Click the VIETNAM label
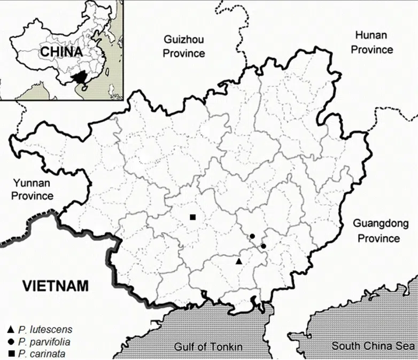[55, 285]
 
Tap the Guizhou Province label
[184, 46]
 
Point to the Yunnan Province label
[33, 190]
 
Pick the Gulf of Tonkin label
[208, 346]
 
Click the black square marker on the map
[193, 217]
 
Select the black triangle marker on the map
[239, 261]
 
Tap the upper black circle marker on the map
[252, 236]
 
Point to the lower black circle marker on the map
[264, 246]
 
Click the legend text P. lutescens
[45, 330]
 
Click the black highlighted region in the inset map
[81, 78]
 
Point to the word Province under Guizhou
[184, 53]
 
